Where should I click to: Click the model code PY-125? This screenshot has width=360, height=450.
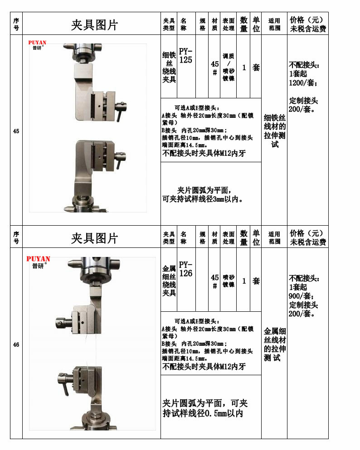(x=185, y=55)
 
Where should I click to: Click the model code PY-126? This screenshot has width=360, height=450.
(x=185, y=269)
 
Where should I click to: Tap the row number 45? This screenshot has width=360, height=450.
(x=16, y=131)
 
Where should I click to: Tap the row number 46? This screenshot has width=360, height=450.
(x=16, y=345)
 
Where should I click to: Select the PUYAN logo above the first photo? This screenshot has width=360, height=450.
(x=37, y=45)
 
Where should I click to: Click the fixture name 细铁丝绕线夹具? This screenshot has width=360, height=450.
(x=169, y=67)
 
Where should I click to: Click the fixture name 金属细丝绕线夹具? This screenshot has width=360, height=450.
(x=169, y=281)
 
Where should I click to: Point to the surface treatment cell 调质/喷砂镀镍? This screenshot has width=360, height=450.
(x=229, y=67)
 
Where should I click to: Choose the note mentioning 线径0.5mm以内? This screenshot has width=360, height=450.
(x=205, y=408)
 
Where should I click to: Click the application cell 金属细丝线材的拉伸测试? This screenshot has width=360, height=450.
(x=274, y=344)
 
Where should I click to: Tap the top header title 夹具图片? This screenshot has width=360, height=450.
(x=94, y=25)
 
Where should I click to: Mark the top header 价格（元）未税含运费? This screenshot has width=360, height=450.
(x=308, y=24)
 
